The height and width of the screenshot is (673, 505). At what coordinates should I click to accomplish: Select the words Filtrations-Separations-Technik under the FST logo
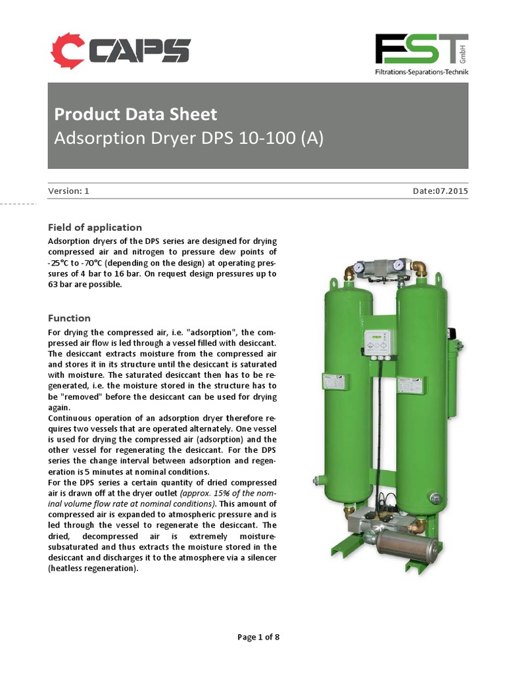pyautogui.click(x=421, y=72)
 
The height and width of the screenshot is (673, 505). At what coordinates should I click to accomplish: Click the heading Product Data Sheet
pyautogui.click(x=135, y=114)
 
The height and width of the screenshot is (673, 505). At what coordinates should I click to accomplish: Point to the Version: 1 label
pyautogui.click(x=68, y=191)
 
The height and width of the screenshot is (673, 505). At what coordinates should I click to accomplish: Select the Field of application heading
pyautogui.click(x=95, y=227)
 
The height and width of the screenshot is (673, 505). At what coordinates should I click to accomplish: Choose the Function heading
pyautogui.click(x=69, y=318)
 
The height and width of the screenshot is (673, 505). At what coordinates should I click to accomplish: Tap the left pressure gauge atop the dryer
pyautogui.click(x=359, y=267)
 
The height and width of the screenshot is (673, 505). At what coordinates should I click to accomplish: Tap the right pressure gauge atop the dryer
pyautogui.click(x=397, y=266)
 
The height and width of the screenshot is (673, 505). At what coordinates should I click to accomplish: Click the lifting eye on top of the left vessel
pyautogui.click(x=334, y=283)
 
